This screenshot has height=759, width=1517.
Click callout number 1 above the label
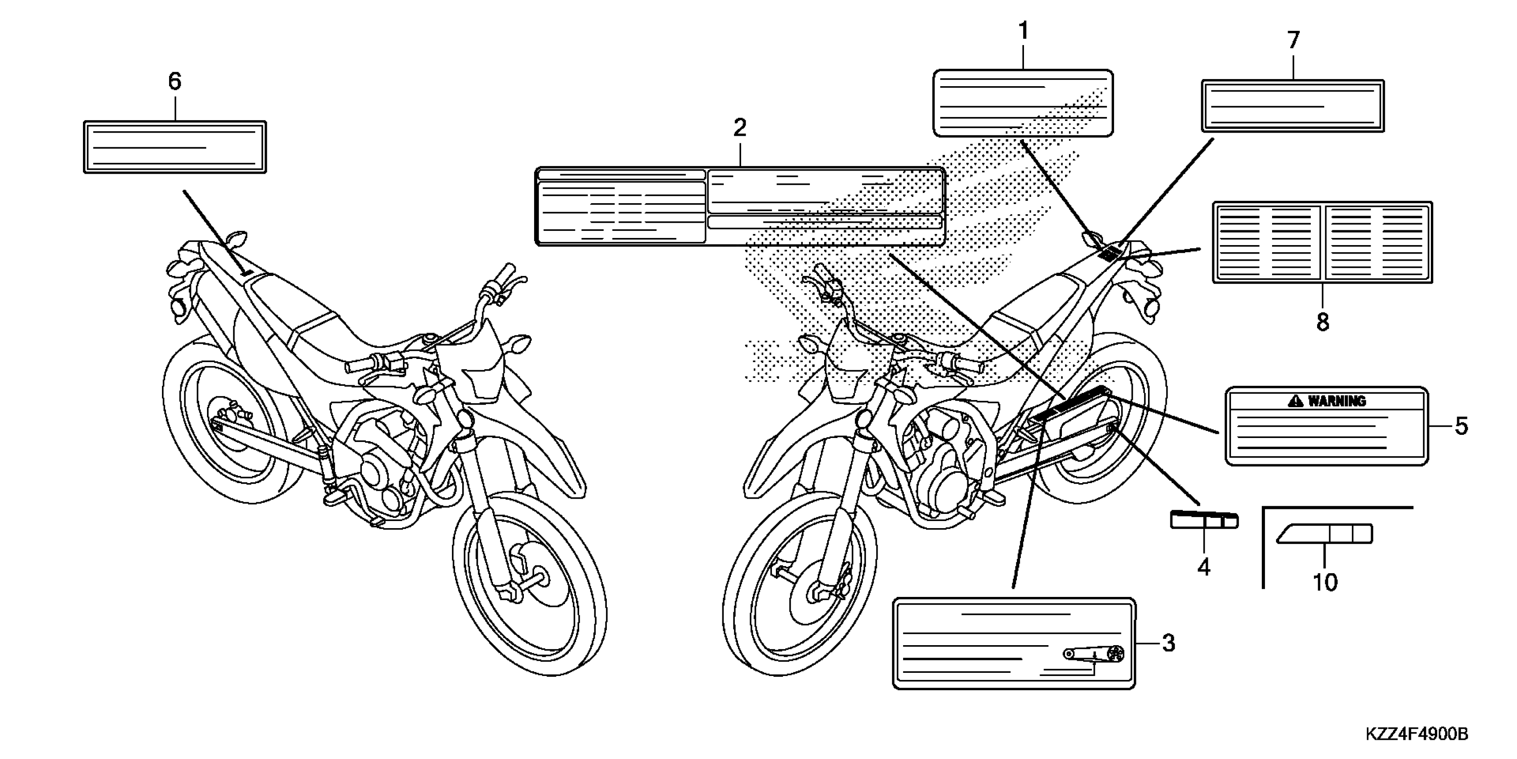click(x=1024, y=31)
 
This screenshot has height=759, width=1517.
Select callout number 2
click(x=740, y=127)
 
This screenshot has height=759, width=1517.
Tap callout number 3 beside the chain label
click(x=1169, y=643)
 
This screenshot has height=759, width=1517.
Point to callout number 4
click(x=1204, y=567)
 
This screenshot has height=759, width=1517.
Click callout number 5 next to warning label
click(x=1461, y=426)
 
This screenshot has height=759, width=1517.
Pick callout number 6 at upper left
click(x=175, y=81)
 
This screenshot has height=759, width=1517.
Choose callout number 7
click(x=1293, y=40)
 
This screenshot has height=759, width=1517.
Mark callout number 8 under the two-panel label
click(x=1322, y=322)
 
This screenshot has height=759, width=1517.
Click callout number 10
click(x=1325, y=582)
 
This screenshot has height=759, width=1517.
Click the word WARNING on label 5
click(x=1337, y=401)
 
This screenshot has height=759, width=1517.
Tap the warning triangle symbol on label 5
click(x=1296, y=401)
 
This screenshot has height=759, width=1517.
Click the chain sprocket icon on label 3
click(x=1115, y=654)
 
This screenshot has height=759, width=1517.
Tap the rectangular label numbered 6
click(x=175, y=147)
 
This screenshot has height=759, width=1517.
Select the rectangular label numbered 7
click(x=1293, y=106)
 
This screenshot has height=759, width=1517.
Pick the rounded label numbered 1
click(x=1023, y=103)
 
